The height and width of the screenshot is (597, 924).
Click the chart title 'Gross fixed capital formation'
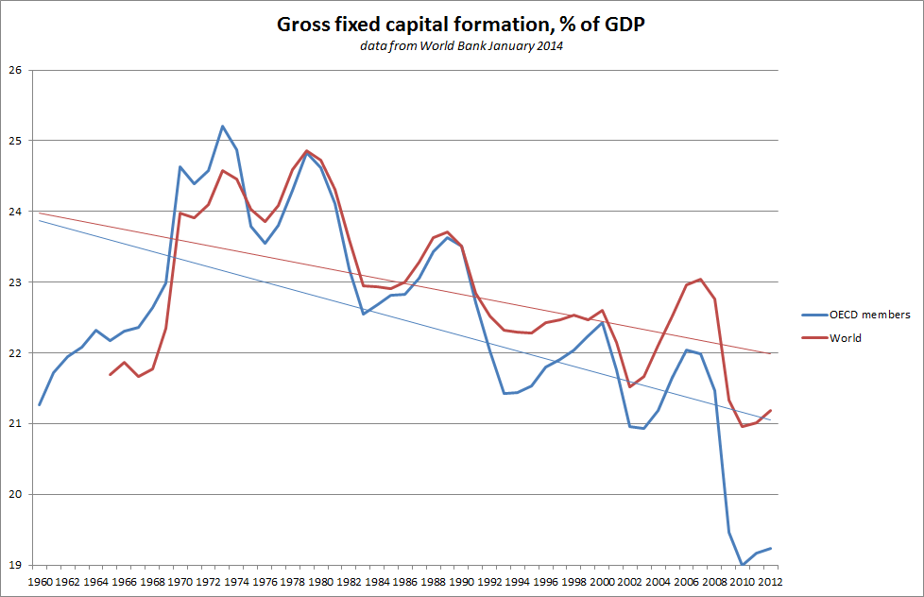(461, 25)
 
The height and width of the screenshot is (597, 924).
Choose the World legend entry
(846, 337)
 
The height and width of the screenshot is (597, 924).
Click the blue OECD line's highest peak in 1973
(222, 126)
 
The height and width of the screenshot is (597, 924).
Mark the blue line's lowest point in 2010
(743, 565)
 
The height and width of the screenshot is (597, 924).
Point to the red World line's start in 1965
(110, 375)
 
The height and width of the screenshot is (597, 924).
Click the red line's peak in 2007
(700, 279)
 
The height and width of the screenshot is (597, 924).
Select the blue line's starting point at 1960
(40, 404)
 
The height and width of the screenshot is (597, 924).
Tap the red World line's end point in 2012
(771, 410)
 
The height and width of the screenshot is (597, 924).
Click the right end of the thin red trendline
(771, 353)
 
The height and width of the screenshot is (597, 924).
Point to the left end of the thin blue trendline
(40, 220)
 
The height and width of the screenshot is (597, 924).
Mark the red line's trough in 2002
(630, 386)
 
